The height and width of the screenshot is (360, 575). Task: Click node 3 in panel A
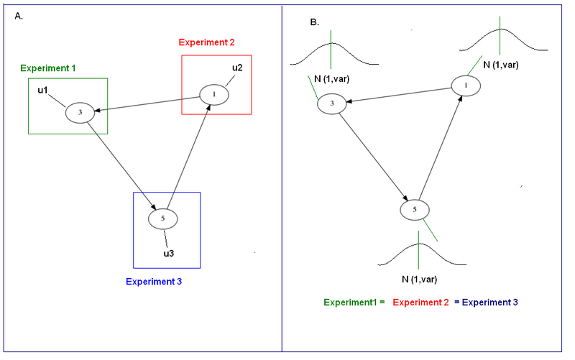coord(80,112)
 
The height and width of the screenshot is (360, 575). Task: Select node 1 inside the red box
coord(213,94)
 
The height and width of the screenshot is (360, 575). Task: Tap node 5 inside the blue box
coord(163,218)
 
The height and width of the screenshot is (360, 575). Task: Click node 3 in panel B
coord(331,103)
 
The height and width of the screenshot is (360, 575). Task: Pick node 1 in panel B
coord(466,86)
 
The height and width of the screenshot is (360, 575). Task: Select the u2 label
coord(237,68)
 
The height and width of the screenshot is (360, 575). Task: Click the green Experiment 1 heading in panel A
coord(48,68)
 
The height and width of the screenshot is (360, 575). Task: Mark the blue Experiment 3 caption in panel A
coord(154,282)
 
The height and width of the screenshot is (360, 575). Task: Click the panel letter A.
coord(19,16)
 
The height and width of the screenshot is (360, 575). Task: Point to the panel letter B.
coord(314,22)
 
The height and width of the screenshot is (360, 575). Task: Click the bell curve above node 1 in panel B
coord(502,39)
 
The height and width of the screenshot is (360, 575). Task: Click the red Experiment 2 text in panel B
coord(420,303)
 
